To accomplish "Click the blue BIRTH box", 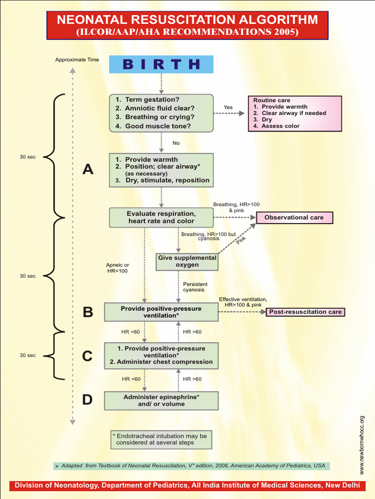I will pos(161,64).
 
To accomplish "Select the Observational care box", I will pos(293,217).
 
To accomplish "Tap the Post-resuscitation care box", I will pos(305,312).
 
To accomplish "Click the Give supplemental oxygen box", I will pos(187,261).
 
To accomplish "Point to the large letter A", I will pos(87,170).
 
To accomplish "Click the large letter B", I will pos(87,312).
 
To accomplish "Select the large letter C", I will pos(87,356).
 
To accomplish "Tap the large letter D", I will pos(87,400).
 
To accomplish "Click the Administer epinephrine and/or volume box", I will pos(161,401).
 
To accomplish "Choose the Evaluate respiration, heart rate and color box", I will pos(161,217).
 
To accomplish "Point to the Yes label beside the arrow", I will pos(228,107).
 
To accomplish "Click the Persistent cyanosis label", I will pos(195,287).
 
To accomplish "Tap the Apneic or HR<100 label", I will pos(117,268).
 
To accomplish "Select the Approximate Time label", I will pos(77,60).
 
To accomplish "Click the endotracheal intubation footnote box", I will pos(161,439).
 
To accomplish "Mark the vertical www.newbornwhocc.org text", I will pos(362,445).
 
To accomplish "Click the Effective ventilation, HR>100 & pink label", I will pos(243,302).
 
